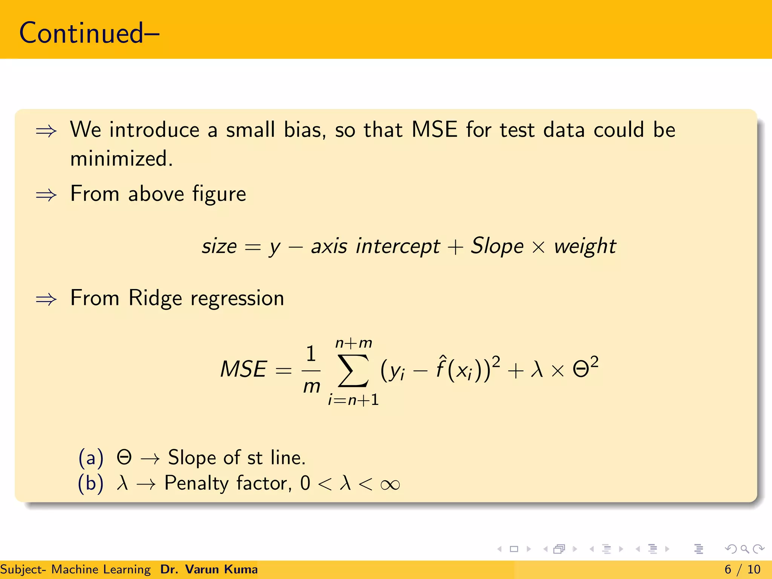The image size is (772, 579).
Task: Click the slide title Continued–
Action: [89, 33]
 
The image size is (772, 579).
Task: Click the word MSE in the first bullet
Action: [434, 130]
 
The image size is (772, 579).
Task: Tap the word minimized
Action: [121, 159]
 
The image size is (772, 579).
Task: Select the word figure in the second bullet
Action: [219, 195]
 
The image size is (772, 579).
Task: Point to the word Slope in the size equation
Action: [497, 246]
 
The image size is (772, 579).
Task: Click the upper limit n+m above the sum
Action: [354, 343]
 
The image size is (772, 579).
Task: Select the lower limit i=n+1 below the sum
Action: [353, 400]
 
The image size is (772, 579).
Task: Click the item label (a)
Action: [90, 458]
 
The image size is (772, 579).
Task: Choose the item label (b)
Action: [90, 483]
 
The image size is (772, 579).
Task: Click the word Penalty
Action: [196, 483]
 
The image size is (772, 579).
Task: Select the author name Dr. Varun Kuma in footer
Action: [209, 569]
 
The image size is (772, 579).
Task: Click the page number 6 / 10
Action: [742, 569]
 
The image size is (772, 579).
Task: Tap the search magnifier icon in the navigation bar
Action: [744, 549]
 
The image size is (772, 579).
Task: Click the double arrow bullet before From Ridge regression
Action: [46, 300]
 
